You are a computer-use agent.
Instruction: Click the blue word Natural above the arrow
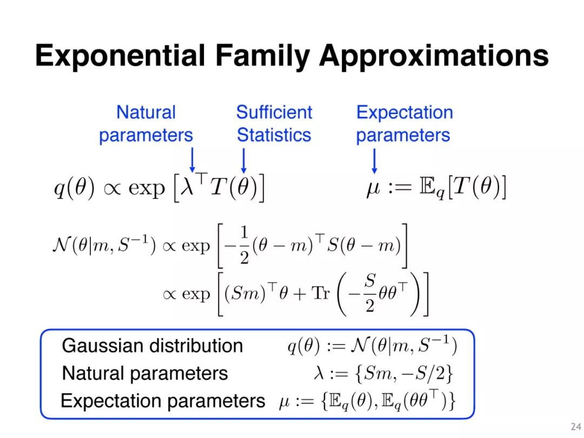coord(146,112)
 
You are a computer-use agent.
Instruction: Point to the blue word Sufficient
coord(274,112)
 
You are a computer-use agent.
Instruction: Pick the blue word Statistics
coord(274,135)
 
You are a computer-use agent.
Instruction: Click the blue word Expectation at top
coord(404,112)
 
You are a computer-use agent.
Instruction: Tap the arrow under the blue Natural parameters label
coord(192,160)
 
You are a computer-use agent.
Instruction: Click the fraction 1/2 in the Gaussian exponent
coord(244,245)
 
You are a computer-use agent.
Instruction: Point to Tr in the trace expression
coord(321,293)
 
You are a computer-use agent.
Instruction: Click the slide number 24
coord(576,427)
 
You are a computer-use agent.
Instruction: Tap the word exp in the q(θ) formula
coord(147,188)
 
